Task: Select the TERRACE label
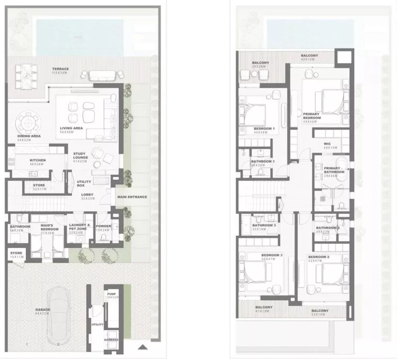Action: pyautogui.click(x=60, y=69)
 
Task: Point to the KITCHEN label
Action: pyautogui.click(x=38, y=161)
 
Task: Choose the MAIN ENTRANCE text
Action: pyautogui.click(x=132, y=197)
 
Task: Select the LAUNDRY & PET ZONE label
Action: pyautogui.click(x=80, y=227)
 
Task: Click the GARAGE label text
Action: pyautogui.click(x=42, y=310)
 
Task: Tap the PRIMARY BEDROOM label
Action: pyautogui.click(x=312, y=116)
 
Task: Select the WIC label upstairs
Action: pyautogui.click(x=327, y=144)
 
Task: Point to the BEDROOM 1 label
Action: pyautogui.click(x=264, y=129)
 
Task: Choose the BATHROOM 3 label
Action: pyautogui.click(x=264, y=226)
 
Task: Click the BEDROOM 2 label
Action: pyautogui.click(x=318, y=257)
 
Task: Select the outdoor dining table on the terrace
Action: pyautogui.click(x=22, y=74)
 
